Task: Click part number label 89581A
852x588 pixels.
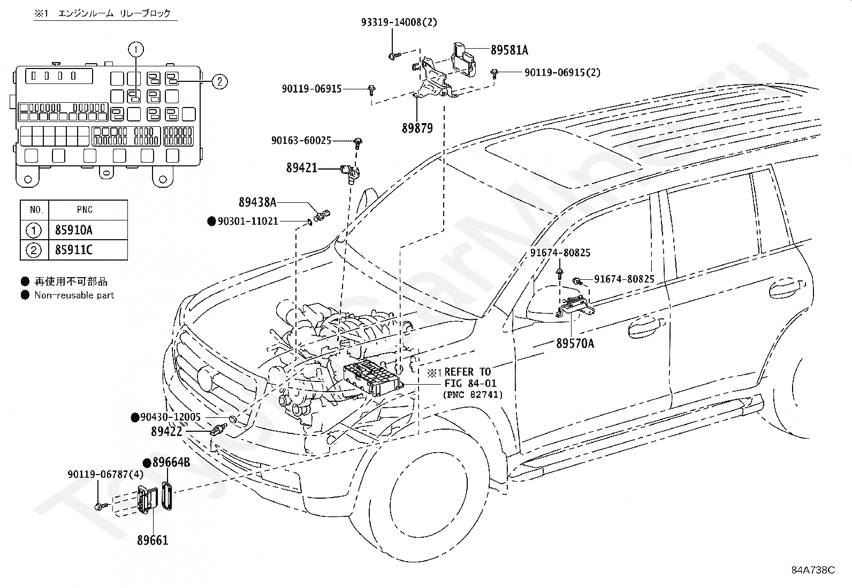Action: click(x=509, y=50)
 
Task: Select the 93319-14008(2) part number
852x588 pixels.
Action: click(x=399, y=22)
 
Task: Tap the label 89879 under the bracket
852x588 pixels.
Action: click(x=417, y=128)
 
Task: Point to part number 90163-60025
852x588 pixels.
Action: click(x=301, y=141)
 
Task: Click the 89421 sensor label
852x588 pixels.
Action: click(x=302, y=167)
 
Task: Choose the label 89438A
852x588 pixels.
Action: click(x=257, y=202)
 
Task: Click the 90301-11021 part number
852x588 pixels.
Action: click(x=248, y=221)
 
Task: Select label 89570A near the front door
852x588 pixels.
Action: click(x=575, y=343)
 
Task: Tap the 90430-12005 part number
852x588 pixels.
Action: click(x=170, y=417)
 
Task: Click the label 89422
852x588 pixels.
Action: click(x=166, y=431)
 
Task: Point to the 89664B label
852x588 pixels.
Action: click(x=171, y=462)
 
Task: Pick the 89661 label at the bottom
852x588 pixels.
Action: click(x=153, y=540)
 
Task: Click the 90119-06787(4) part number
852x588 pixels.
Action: click(x=106, y=474)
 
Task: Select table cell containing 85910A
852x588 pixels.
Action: click(x=88, y=230)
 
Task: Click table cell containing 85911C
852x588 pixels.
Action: click(x=88, y=250)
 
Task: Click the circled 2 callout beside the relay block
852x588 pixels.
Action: click(x=219, y=81)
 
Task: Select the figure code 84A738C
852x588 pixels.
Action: click(x=813, y=570)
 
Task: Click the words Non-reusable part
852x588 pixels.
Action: click(x=74, y=295)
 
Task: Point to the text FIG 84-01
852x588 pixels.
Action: click(x=470, y=383)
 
